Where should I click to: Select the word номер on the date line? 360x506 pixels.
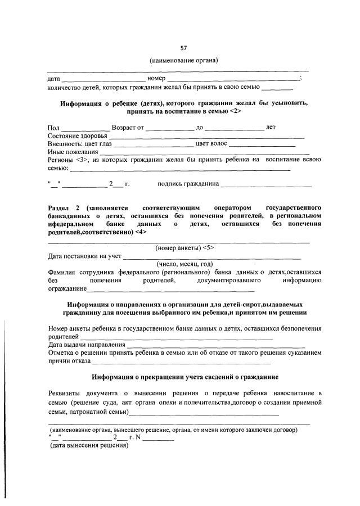pos(155,78)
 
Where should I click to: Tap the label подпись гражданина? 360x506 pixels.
pos(189,183)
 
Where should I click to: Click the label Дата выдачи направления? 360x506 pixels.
pos(86,344)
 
